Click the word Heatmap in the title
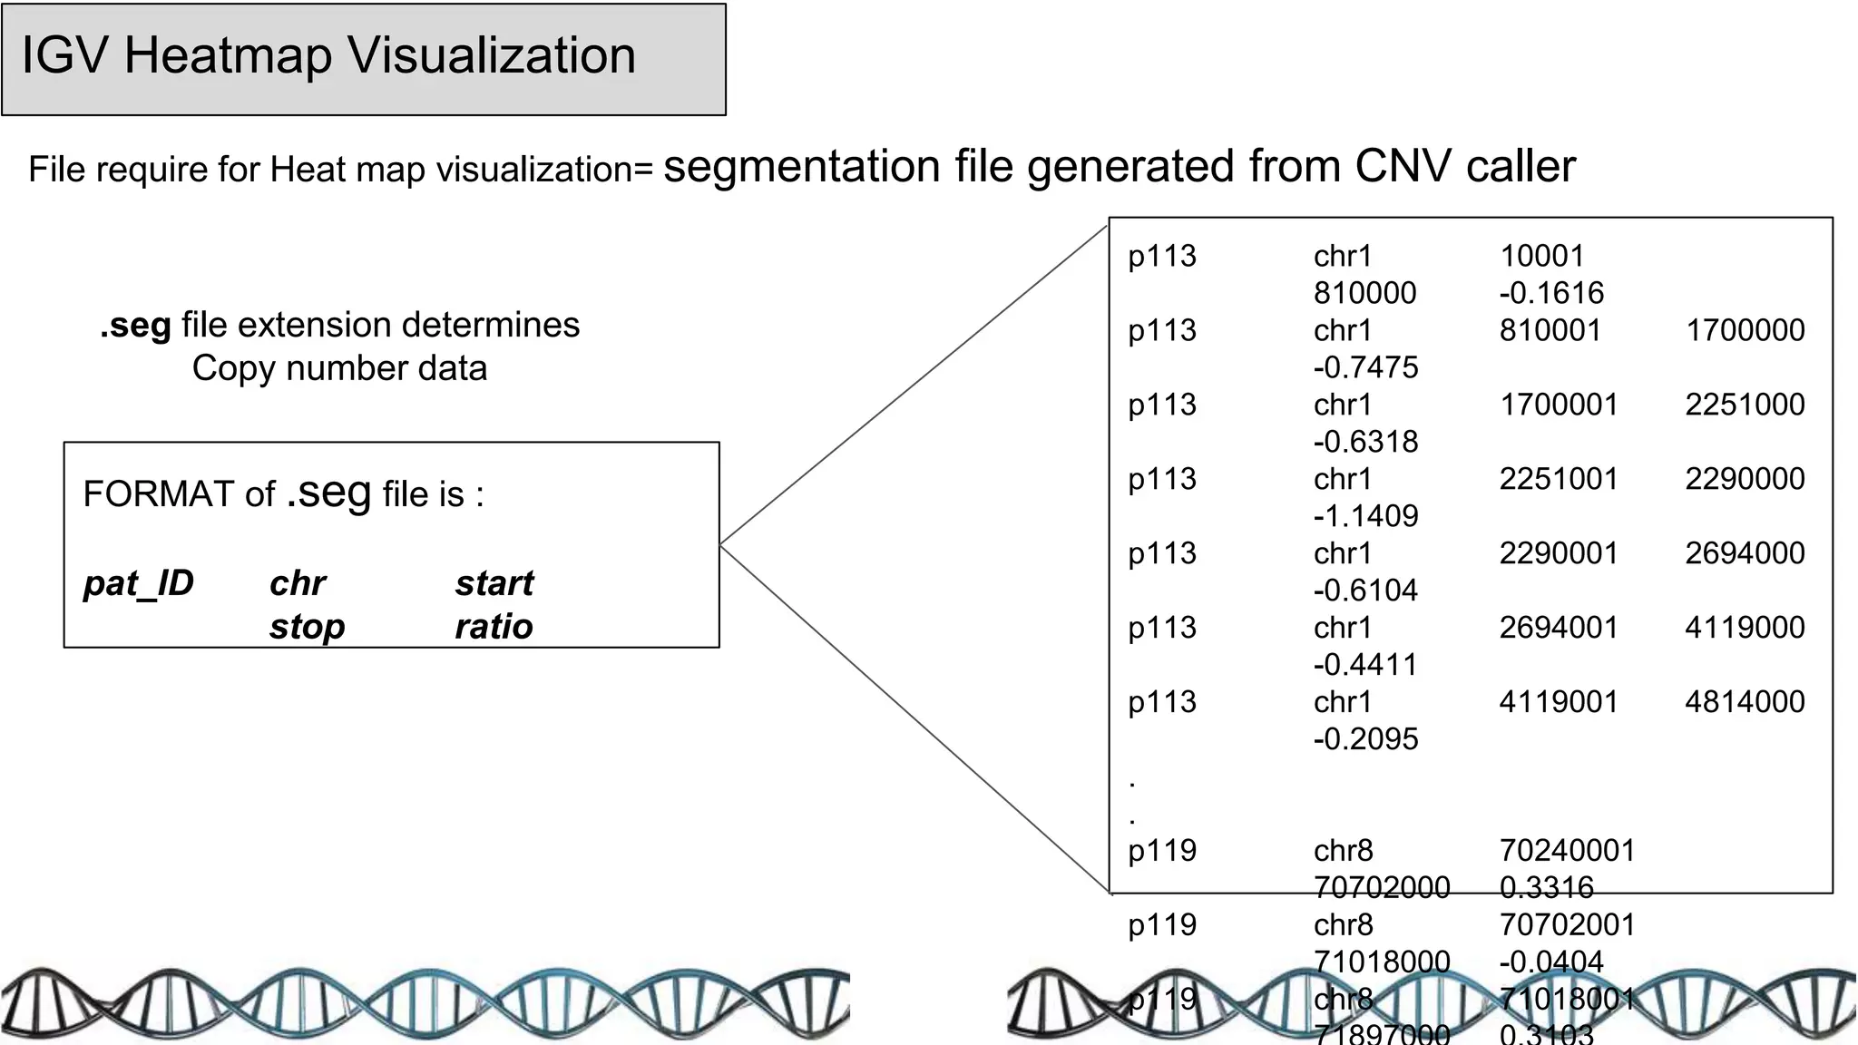(229, 56)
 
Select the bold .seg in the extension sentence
(135, 326)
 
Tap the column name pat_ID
(139, 583)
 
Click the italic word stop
(307, 627)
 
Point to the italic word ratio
(494, 627)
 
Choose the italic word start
(494, 583)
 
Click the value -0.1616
(1551, 293)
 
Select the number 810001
(1550, 330)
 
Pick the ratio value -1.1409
(1365, 516)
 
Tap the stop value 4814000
(1745, 702)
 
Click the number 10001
(1541, 256)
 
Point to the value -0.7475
(1365, 367)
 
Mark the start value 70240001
(1567, 851)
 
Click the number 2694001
(1558, 628)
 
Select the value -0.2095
(1365, 739)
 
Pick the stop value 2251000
(1745, 405)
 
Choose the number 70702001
(1567, 925)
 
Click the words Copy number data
(339, 369)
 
